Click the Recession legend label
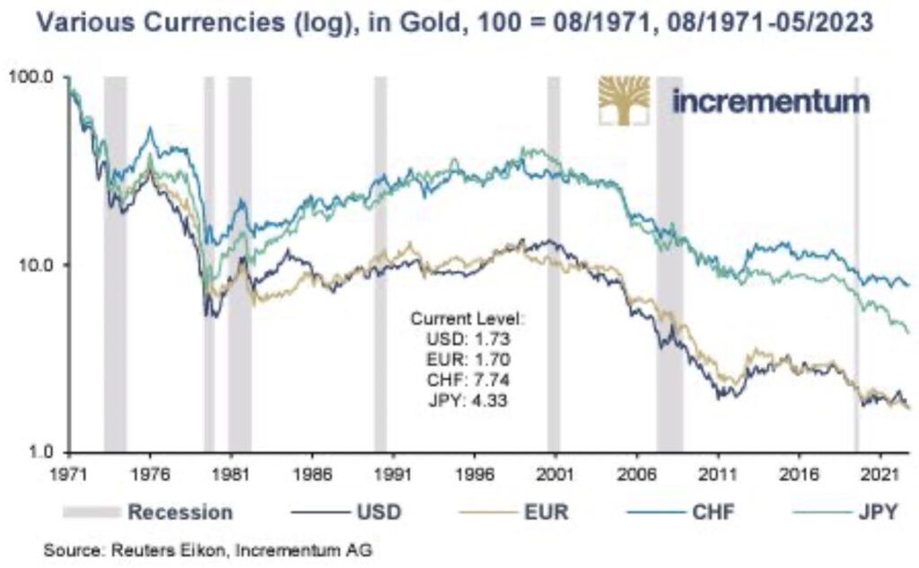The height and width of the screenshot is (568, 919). pos(180,512)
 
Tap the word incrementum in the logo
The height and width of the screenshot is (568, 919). pos(770,100)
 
